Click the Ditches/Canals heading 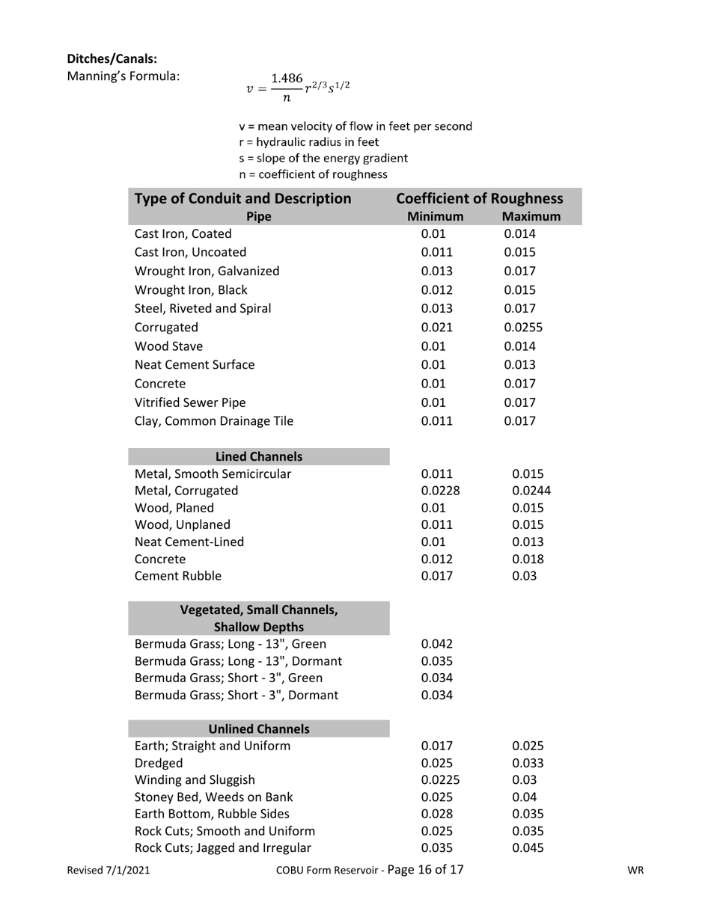(112, 58)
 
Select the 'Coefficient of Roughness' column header (479, 198)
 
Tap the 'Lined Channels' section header (259, 456)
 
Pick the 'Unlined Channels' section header (259, 729)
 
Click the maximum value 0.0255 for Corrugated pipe (524, 327)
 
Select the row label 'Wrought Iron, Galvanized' (207, 271)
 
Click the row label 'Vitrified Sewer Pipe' (190, 402)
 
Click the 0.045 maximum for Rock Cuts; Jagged (528, 848)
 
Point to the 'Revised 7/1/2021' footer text (108, 870)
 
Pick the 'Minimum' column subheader (435, 216)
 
